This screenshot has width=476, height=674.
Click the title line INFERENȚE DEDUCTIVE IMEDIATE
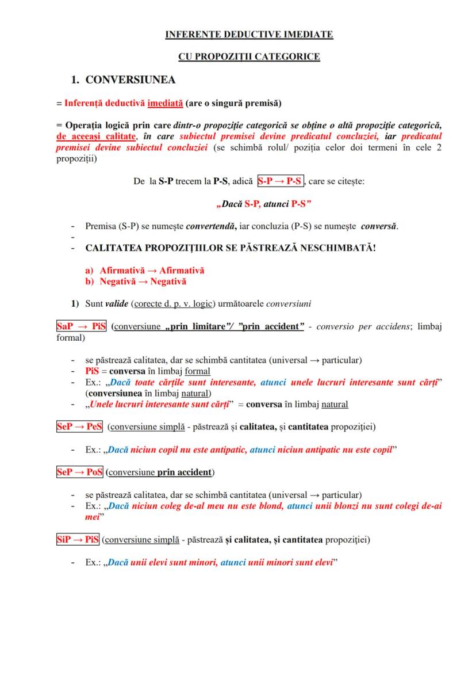[249, 35]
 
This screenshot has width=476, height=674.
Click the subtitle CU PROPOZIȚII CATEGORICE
[249, 57]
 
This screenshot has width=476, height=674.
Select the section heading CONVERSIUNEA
[130, 79]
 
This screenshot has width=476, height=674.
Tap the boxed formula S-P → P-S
[281, 181]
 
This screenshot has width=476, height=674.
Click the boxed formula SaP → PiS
[81, 327]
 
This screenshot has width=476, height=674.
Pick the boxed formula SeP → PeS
[79, 427]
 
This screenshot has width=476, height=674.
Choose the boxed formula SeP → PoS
[79, 472]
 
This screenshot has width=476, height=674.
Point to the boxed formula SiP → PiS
[78, 540]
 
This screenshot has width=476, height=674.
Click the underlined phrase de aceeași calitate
[95, 136]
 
